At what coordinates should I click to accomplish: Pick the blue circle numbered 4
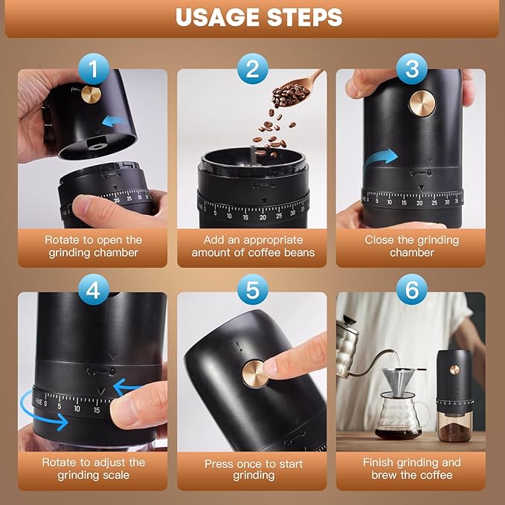click(93, 291)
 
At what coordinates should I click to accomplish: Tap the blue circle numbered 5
click(252, 291)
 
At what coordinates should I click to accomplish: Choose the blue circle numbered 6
click(411, 291)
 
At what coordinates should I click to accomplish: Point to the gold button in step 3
click(422, 104)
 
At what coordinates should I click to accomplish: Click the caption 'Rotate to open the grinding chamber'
click(93, 246)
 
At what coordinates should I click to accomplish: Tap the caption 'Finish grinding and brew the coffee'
click(411, 469)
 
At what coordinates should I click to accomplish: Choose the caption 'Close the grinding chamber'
click(411, 246)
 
